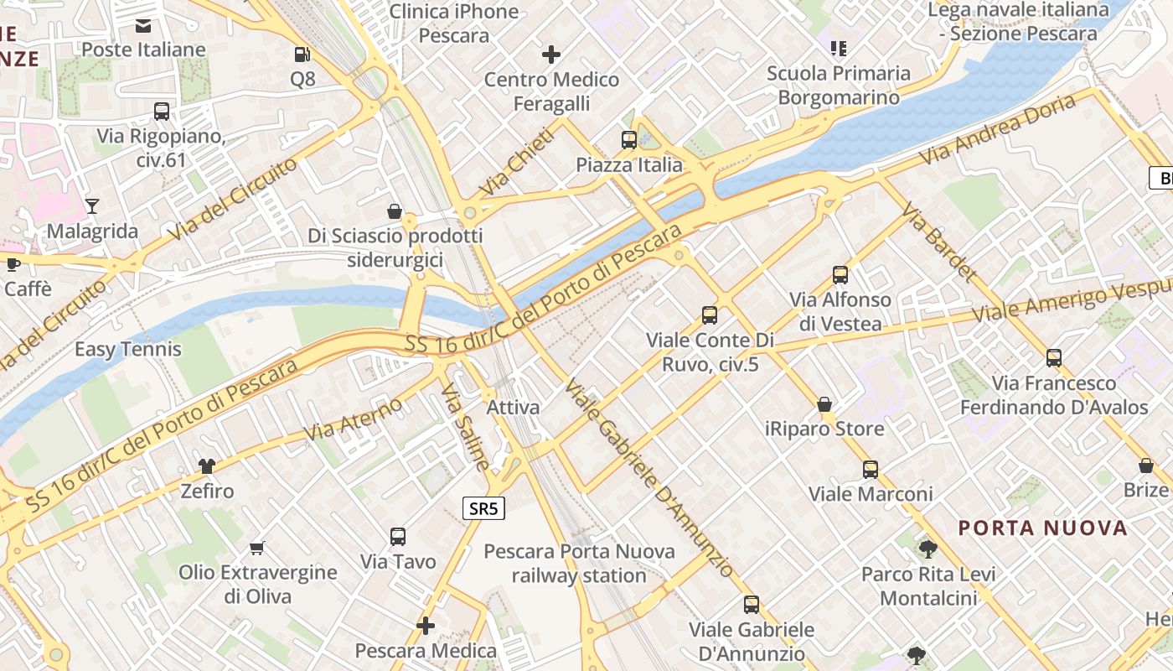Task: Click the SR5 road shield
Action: [484, 507]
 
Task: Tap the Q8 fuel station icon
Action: [302, 55]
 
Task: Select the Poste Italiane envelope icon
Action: [143, 25]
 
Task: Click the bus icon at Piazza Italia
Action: [629, 140]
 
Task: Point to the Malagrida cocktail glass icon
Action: [92, 205]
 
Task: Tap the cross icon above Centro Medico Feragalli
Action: [551, 55]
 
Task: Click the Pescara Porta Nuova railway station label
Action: [579, 564]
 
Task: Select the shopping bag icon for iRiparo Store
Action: [824, 404]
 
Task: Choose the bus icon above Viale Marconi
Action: [871, 470]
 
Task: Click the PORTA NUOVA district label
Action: [1043, 528]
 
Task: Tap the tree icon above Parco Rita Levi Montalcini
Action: [928, 549]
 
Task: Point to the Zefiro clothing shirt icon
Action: [207, 466]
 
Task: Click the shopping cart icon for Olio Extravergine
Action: [257, 549]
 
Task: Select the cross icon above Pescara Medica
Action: [426, 626]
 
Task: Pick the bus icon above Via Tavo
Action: [398, 537]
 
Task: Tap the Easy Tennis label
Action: [128, 349]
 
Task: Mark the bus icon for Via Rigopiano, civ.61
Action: [162, 112]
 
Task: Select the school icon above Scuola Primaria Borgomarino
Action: [839, 49]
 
